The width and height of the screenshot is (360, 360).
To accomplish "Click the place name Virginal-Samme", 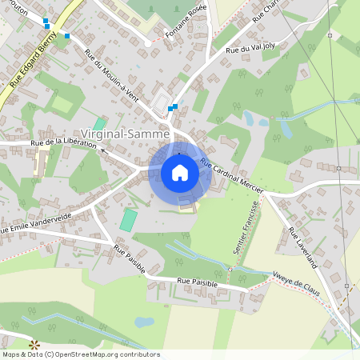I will (x=125, y=134).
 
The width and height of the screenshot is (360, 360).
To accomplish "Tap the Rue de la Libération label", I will (x=63, y=145).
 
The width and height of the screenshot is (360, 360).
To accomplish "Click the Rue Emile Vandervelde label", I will (x=37, y=228).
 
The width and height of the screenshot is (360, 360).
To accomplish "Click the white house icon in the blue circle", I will (x=180, y=174).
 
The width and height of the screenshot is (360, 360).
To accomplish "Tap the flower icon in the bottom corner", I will (x=34, y=345).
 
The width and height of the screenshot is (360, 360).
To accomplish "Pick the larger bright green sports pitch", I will (x=128, y=220).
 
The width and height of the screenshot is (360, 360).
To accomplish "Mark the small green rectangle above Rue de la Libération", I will (x=99, y=124).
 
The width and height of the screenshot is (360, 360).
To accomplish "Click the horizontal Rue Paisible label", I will (x=196, y=282).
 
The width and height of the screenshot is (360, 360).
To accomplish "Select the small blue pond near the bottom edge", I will (x=144, y=322).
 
